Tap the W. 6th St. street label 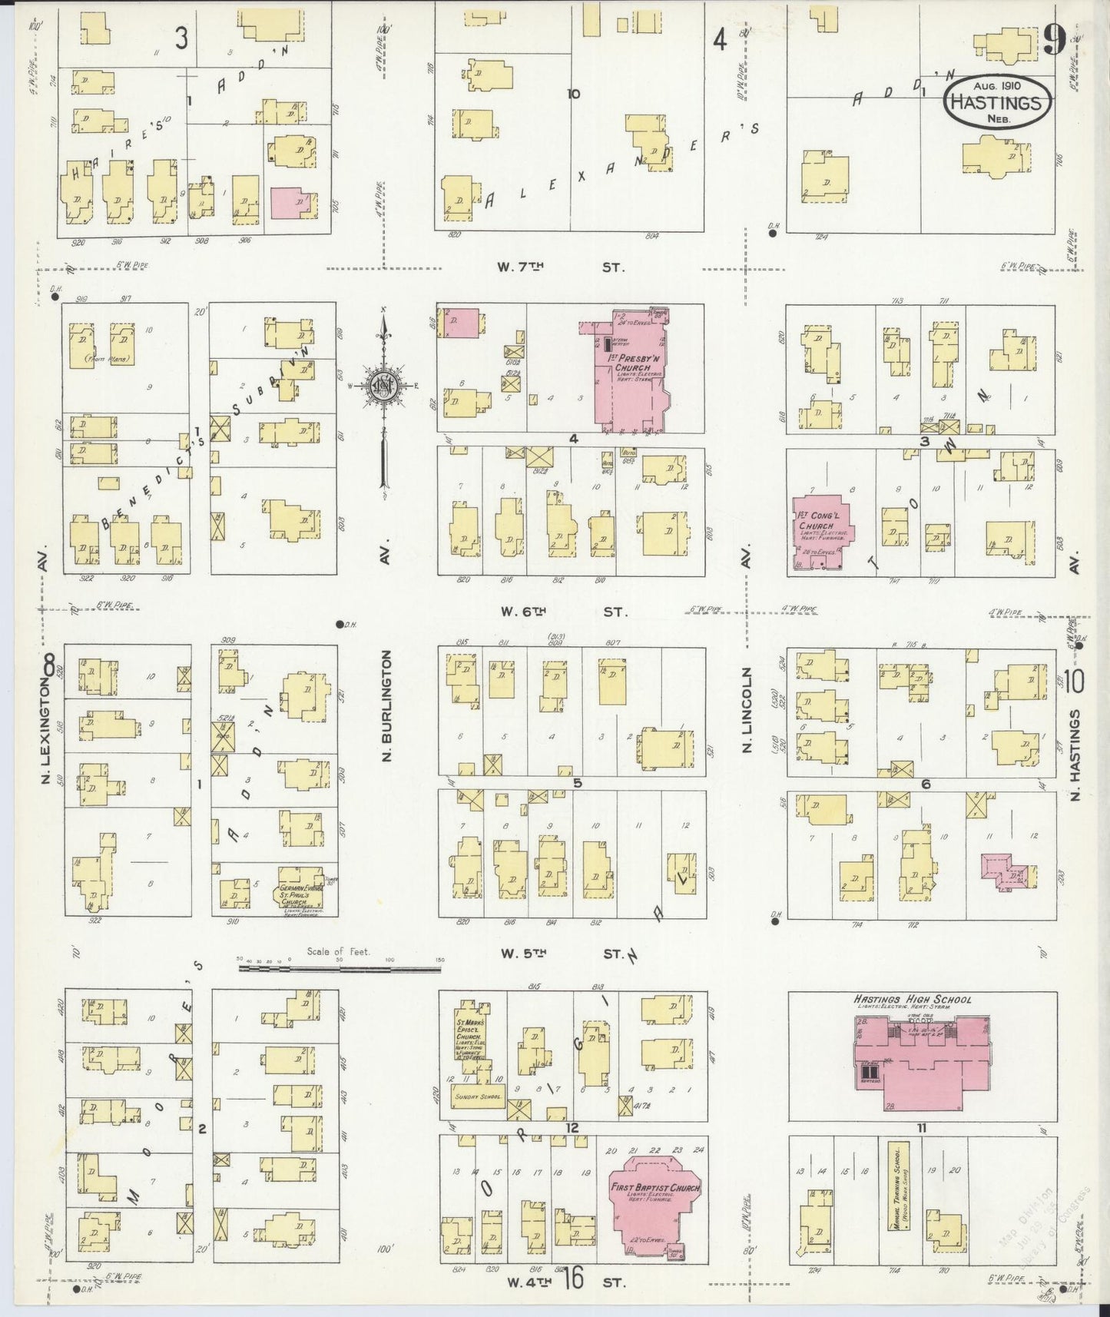pyautogui.click(x=562, y=612)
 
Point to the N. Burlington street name pyautogui.click(x=386, y=705)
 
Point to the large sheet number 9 pyautogui.click(x=1054, y=42)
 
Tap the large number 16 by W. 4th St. pyautogui.click(x=573, y=1279)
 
